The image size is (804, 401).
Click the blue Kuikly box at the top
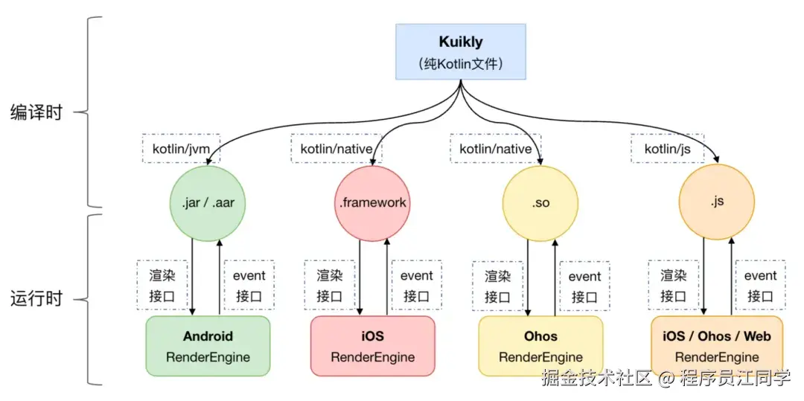tap(461, 51)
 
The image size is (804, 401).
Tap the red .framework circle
tap(372, 202)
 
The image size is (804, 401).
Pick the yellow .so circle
tap(541, 202)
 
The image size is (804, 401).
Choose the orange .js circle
tap(717, 202)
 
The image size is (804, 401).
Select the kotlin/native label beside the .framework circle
tap(336, 149)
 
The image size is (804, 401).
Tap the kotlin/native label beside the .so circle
tap(495, 149)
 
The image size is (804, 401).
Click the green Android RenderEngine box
tap(208, 346)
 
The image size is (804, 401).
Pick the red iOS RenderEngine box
tap(372, 346)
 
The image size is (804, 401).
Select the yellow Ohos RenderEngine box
tap(540, 346)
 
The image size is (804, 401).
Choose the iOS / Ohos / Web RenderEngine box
tap(717, 346)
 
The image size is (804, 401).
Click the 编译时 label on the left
tap(36, 113)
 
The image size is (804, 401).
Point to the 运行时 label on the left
tap(36, 299)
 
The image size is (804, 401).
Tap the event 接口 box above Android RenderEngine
tap(249, 285)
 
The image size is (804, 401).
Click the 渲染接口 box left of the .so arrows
tap(498, 285)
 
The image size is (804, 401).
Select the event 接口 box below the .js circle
tap(760, 285)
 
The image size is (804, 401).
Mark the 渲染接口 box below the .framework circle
tap(329, 285)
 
